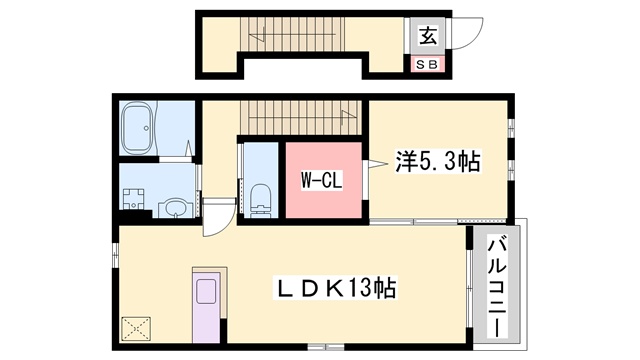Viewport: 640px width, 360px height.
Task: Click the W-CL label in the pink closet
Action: (x=322, y=180)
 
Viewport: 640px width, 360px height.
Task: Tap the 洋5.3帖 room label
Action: (x=437, y=161)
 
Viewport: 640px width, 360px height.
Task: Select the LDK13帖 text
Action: (x=335, y=288)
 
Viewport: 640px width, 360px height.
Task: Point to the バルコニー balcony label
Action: (x=497, y=288)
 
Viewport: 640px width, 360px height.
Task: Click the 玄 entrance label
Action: (x=428, y=35)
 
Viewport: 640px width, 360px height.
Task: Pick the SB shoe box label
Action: (x=428, y=64)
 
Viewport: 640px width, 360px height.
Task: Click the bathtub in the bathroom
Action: (x=138, y=128)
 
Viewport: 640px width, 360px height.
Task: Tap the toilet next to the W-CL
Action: (x=260, y=200)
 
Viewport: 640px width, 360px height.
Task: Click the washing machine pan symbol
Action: (x=133, y=199)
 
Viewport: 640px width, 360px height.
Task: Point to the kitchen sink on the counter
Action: (x=206, y=291)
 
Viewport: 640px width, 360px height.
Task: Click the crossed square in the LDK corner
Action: (x=136, y=329)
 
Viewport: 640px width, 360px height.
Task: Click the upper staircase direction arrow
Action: (x=257, y=36)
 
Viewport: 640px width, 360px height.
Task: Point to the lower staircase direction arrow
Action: (x=349, y=115)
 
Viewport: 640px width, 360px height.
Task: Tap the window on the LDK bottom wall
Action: (x=326, y=347)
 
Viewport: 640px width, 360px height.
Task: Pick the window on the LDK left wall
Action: (x=116, y=255)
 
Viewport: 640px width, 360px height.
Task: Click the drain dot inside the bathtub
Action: (x=146, y=128)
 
